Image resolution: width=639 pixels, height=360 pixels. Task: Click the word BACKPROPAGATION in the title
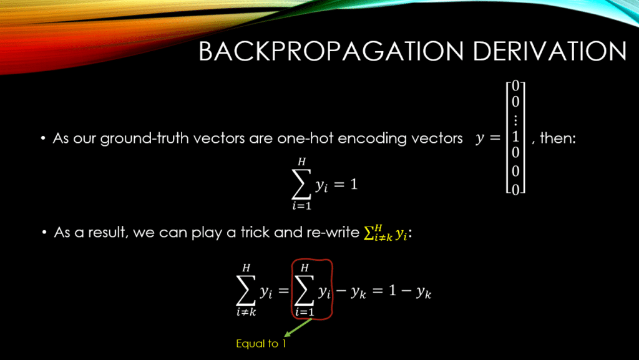(x=331, y=51)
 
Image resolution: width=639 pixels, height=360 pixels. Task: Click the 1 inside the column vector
(x=515, y=137)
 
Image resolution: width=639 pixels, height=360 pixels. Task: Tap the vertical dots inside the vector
(x=515, y=120)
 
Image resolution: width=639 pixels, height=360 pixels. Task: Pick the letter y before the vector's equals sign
(x=480, y=139)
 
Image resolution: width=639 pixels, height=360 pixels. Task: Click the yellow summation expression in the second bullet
(x=386, y=233)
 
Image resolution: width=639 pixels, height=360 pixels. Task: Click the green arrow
(x=298, y=328)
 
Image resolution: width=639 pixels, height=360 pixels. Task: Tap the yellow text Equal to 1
(x=261, y=344)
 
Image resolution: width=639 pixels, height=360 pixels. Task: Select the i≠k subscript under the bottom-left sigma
(x=246, y=313)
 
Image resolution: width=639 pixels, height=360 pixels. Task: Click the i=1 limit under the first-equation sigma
(x=301, y=206)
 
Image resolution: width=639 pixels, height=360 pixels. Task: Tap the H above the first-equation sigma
(x=301, y=162)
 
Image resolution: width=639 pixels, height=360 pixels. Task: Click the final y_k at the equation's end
(x=424, y=293)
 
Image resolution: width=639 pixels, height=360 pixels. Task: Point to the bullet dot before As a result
(x=44, y=233)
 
